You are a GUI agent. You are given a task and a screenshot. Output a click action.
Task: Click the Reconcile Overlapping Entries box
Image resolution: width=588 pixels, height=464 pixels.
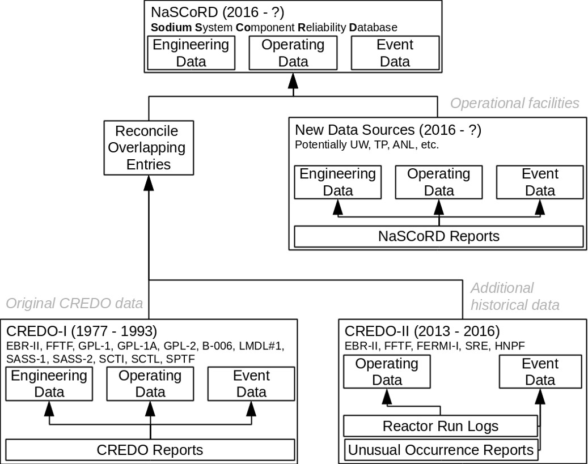pos(147,148)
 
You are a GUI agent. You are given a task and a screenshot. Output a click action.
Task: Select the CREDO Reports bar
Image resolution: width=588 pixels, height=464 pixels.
pos(150,450)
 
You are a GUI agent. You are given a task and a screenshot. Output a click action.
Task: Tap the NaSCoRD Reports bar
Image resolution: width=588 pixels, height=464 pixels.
pos(438,236)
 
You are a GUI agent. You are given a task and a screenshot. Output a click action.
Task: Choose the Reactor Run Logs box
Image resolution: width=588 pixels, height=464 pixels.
pos(441,425)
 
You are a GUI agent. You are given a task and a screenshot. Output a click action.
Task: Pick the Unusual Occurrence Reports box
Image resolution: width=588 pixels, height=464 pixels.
pos(441,450)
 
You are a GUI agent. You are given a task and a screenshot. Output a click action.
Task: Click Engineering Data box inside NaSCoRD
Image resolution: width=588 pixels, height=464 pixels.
pos(191,53)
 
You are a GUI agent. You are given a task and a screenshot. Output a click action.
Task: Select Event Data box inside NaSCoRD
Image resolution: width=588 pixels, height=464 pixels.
pos(395,53)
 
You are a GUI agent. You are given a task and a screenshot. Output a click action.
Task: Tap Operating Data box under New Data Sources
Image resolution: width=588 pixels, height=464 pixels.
pos(438,182)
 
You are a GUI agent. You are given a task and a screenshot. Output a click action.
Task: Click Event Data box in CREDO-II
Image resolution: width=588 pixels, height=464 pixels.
pos(540,372)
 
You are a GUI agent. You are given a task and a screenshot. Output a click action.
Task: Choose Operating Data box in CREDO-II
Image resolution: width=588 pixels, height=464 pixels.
pos(387,372)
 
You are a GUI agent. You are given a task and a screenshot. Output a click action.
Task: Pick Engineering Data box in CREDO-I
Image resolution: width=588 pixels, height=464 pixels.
pos(49,384)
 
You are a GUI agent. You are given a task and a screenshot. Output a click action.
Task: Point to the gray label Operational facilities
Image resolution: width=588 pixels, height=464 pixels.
pos(514,103)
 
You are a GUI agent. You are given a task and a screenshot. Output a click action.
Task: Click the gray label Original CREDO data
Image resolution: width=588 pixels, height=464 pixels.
pos(74,304)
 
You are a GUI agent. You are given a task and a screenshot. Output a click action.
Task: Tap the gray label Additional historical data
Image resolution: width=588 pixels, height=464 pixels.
pos(514,296)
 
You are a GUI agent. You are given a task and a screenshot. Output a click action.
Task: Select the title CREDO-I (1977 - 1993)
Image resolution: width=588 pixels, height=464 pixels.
pos(82,331)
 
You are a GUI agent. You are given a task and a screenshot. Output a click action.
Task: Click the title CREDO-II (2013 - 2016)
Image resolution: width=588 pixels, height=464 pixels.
pos(422,331)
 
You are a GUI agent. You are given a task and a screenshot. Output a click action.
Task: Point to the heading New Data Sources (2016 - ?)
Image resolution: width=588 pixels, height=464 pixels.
pos(388,130)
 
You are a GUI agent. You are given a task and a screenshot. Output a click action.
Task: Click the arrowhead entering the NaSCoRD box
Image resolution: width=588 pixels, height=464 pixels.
pos(293,82)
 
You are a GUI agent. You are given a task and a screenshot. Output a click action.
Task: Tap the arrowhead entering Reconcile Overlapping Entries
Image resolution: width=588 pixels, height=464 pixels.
pos(148,182)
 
